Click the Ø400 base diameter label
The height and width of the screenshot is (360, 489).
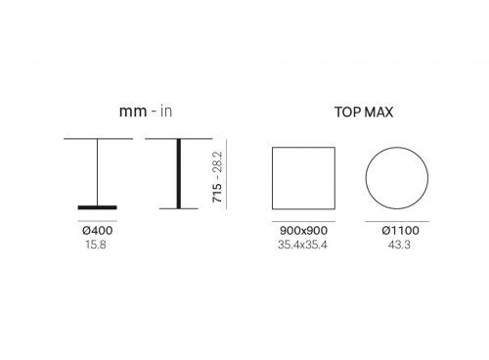pyautogui.click(x=98, y=231)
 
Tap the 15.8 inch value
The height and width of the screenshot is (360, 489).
pyautogui.click(x=96, y=245)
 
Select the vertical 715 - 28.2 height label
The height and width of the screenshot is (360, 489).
pyautogui.click(x=217, y=177)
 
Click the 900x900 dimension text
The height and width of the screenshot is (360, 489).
pyautogui.click(x=303, y=231)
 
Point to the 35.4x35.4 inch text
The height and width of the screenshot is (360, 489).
pyautogui.click(x=302, y=245)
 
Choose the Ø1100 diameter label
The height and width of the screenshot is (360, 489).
pyautogui.click(x=400, y=231)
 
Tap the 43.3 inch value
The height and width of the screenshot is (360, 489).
pyautogui.click(x=399, y=245)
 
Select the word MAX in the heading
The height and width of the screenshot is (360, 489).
pyautogui.click(x=378, y=112)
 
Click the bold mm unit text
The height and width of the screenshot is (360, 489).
pyautogui.click(x=133, y=112)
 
